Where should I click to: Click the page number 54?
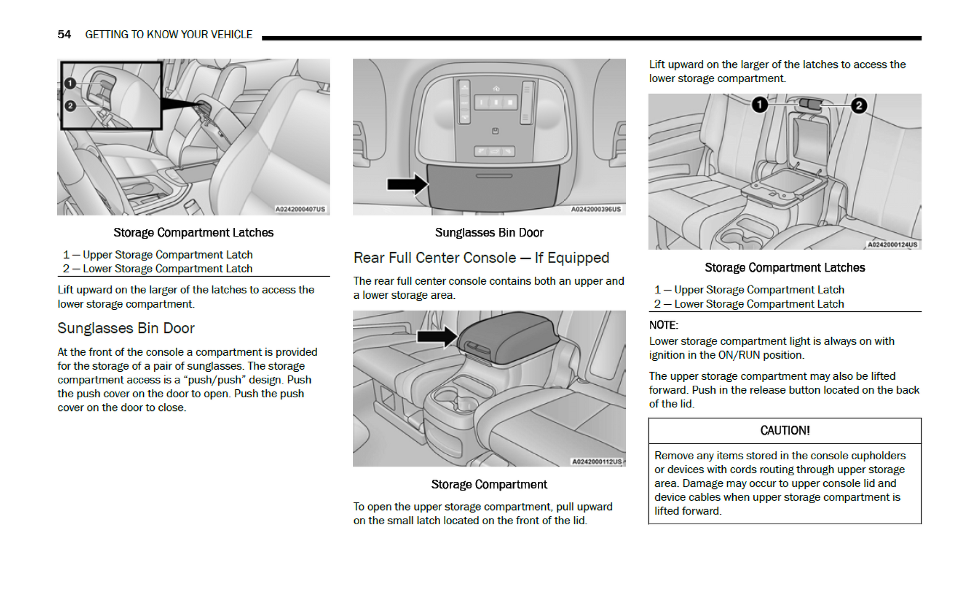coord(64,34)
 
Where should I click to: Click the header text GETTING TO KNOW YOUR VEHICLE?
coord(168,34)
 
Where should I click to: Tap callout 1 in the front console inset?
coord(70,83)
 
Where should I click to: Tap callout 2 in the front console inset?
coord(70,106)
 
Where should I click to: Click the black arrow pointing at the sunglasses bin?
coord(406,184)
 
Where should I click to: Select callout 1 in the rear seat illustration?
coord(759,105)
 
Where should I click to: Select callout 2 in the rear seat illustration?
coord(859,106)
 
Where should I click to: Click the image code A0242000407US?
coord(300,209)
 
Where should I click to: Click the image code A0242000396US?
coord(596,209)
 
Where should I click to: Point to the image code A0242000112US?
coord(597,462)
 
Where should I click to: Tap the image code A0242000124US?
coord(892,244)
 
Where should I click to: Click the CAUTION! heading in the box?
coord(785,431)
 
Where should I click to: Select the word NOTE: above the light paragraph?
coord(663,325)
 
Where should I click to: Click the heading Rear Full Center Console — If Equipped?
coord(481,258)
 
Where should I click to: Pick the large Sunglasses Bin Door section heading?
coord(126,328)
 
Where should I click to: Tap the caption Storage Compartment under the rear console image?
coord(489,484)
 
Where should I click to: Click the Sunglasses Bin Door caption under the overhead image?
coord(489,232)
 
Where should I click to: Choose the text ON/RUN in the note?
coord(738,355)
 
